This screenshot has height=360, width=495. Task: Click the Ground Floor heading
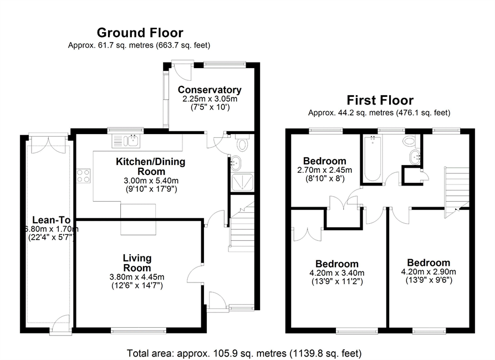click(140, 33)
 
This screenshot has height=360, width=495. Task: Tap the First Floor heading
click(380, 100)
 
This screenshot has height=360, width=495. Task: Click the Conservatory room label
click(210, 90)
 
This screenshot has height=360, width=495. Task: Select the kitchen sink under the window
click(126, 141)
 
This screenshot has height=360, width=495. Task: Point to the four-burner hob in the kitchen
click(83, 176)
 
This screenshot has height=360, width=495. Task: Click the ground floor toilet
click(242, 142)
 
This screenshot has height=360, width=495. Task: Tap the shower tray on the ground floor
click(242, 182)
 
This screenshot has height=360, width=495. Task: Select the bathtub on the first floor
click(372, 159)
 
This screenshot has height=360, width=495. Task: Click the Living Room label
click(137, 263)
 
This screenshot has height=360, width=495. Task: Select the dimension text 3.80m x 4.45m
click(137, 277)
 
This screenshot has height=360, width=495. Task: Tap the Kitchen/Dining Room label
click(151, 166)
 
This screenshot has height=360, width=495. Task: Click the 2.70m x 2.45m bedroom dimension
click(324, 170)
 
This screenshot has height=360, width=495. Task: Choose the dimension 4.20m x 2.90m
click(428, 271)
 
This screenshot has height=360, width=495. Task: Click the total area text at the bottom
click(244, 353)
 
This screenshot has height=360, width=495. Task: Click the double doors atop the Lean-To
click(48, 143)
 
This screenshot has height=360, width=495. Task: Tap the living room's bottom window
click(139, 330)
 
